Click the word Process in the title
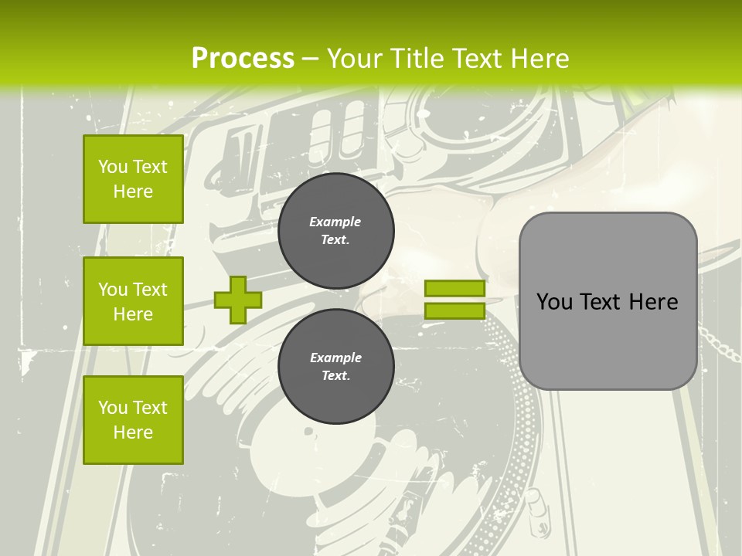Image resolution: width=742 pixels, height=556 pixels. pos(243,58)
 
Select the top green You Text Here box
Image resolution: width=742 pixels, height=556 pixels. pos(133,179)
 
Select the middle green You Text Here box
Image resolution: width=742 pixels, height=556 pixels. pos(133,301)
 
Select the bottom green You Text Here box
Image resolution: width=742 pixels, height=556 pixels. pos(133,419)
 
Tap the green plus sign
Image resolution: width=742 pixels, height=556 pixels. pos(238,300)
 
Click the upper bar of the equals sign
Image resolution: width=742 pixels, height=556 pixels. pos(454,289)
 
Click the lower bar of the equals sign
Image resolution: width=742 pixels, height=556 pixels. pos(454,311)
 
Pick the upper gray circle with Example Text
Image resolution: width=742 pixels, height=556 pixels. pos(335,231)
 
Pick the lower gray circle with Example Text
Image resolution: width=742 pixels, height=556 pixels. pos(335,366)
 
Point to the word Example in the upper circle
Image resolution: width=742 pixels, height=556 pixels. pos(335,222)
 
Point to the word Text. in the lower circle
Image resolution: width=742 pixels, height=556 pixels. pos(335,376)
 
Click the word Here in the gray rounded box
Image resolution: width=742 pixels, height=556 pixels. pos(653,302)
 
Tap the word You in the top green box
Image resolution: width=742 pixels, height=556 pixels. pos(113,167)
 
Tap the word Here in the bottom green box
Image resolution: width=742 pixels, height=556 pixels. pos(133,432)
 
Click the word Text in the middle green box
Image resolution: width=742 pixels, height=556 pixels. pos(151,290)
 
